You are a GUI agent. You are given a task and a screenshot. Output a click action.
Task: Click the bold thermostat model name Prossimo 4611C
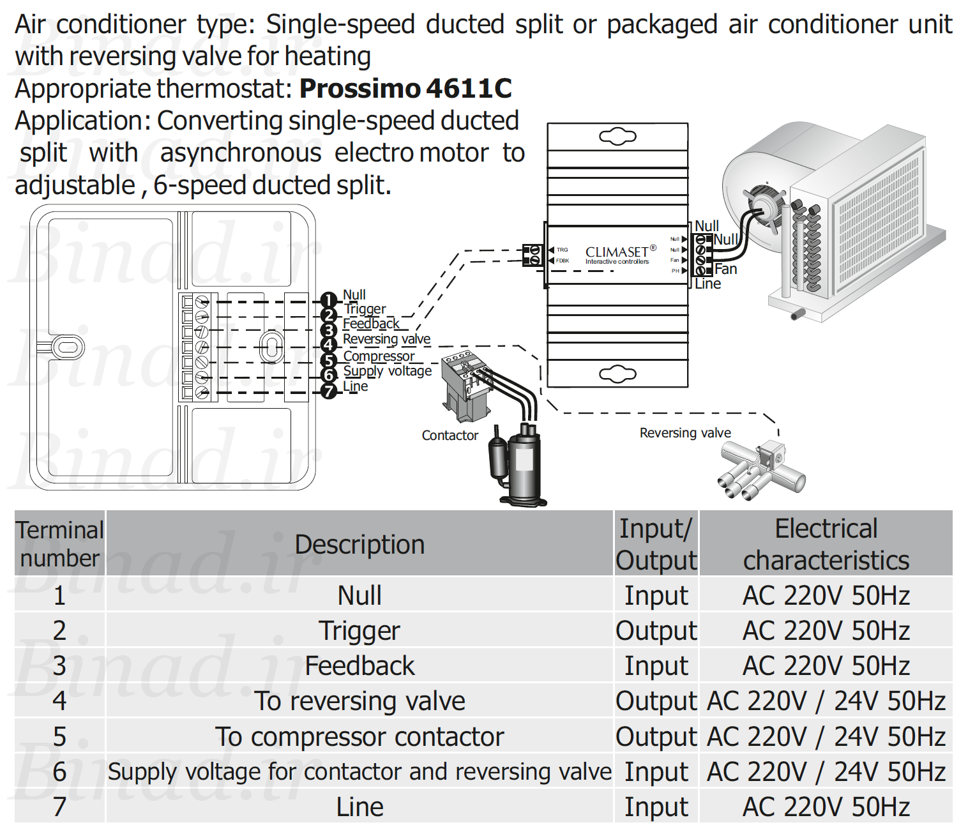point(405,88)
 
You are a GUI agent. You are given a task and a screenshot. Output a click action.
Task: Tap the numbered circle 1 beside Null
point(329,299)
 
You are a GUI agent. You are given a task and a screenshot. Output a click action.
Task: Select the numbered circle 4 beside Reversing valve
point(329,345)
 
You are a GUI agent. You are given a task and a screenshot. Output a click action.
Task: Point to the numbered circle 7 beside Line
point(329,391)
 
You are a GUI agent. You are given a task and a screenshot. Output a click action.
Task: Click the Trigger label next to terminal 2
point(365,309)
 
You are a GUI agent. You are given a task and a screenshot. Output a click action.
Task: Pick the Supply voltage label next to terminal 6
point(388,371)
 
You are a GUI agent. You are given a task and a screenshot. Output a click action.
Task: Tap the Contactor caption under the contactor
point(450,436)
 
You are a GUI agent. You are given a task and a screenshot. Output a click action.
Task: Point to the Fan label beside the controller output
point(725,269)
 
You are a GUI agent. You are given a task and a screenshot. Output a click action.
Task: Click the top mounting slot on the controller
point(617,137)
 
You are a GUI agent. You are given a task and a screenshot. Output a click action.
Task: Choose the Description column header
point(359,544)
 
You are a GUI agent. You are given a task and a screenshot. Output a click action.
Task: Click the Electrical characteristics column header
point(826,544)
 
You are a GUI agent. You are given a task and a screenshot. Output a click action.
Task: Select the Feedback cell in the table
point(359,665)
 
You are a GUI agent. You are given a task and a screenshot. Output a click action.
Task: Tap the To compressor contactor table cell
point(359,736)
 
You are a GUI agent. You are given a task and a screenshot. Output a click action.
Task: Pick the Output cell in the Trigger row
point(656,630)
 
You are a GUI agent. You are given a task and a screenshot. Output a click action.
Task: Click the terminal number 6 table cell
point(59,771)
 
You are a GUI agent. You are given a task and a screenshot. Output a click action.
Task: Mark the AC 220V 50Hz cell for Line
point(826,807)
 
